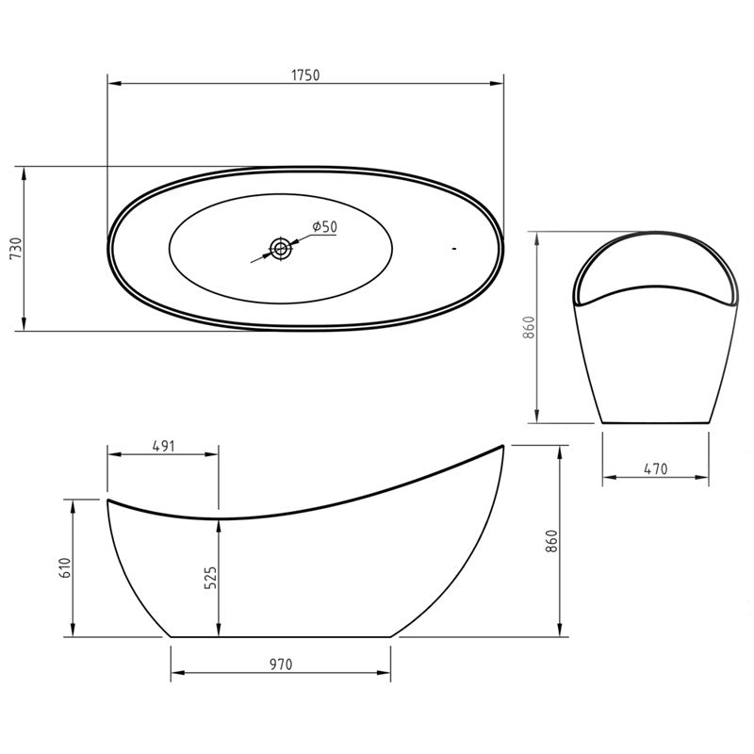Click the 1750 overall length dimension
pyautogui.click(x=305, y=74)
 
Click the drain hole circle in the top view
pyautogui.click(x=281, y=249)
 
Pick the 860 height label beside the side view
pyautogui.click(x=552, y=541)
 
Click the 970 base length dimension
pyautogui.click(x=281, y=664)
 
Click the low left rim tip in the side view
pyautogui.click(x=108, y=500)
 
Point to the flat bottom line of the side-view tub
pyautogui.click(x=281, y=636)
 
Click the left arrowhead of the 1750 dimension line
pyautogui.click(x=112, y=84)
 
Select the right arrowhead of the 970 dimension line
pyautogui.click(x=386, y=674)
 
